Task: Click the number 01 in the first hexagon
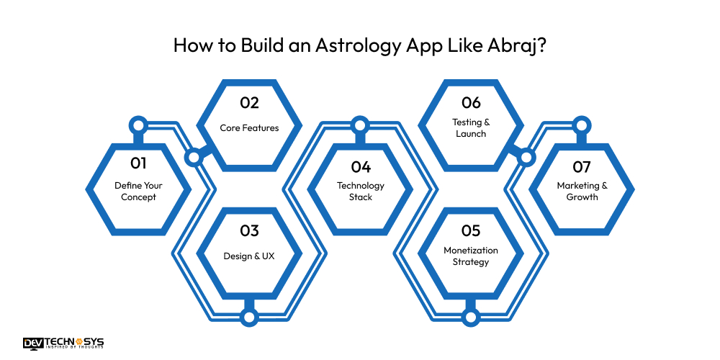138,163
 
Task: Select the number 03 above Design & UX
249,231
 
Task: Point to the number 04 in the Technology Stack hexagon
361,167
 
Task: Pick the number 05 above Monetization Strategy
471,231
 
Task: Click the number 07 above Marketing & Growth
582,167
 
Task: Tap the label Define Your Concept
138,191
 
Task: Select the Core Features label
249,128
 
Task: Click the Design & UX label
249,256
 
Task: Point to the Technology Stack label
361,191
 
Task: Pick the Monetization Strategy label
471,256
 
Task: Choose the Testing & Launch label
471,127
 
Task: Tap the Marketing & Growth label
582,191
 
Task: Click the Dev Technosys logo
63,343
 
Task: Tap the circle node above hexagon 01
138,125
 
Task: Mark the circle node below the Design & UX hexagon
249,316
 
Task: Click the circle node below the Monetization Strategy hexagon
471,316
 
